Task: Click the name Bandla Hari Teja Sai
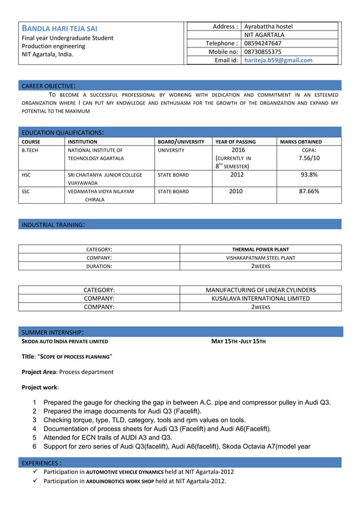point(59,28)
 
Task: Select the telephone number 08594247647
point(263,43)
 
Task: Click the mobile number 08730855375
point(263,51)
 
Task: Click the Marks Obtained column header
point(301,142)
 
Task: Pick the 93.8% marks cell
point(309,175)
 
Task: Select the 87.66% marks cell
point(309,191)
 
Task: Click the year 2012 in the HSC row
point(237,175)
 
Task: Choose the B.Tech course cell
point(30,151)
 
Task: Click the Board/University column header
point(181,142)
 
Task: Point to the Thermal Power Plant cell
point(260,249)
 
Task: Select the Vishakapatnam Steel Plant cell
point(260,257)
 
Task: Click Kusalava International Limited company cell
point(260,299)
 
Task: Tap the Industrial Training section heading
point(53,225)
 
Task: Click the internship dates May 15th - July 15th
point(238,341)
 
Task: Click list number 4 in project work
point(35,428)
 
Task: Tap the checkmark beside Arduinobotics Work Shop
point(36,481)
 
